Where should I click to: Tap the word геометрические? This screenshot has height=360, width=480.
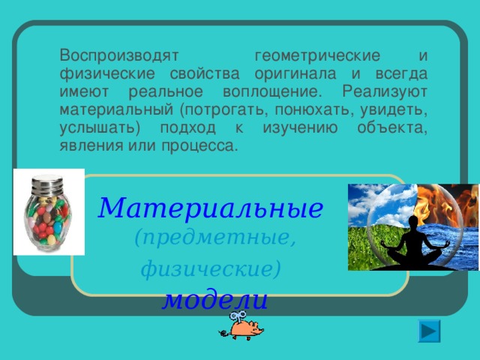(317, 56)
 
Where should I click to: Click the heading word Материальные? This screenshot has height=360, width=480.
(211, 205)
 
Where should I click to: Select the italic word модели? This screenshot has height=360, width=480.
(215, 299)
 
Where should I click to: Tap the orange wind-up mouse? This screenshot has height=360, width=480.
(243, 328)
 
